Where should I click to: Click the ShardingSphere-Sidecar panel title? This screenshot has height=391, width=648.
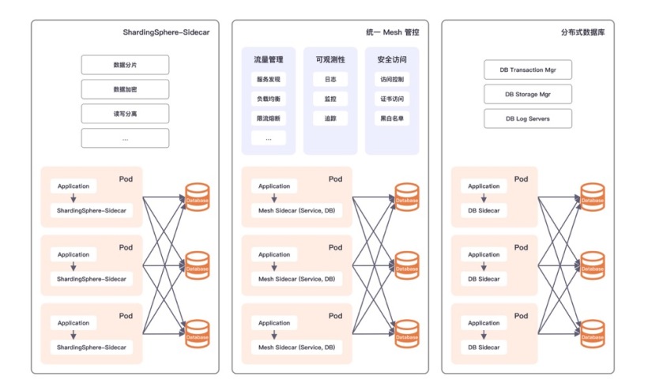[166, 32]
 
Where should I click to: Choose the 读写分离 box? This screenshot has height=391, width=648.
[125, 114]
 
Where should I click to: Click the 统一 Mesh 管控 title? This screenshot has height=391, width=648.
[393, 32]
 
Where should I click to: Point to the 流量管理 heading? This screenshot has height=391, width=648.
[269, 59]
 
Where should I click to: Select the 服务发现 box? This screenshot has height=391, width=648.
[269, 80]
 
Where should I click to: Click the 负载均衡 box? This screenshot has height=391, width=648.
[269, 100]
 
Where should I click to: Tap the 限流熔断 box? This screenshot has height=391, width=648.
[269, 118]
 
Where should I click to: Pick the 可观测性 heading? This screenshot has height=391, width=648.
[330, 59]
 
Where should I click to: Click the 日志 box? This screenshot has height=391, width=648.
[330, 80]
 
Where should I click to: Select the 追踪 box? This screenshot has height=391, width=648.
[330, 118]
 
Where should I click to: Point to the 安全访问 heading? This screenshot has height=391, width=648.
[391, 59]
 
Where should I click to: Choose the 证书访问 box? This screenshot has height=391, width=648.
[391, 100]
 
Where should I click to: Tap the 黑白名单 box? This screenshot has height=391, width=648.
[391, 118]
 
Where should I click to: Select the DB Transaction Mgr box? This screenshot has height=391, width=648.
[527, 70]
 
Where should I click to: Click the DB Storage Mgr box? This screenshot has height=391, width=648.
[527, 94]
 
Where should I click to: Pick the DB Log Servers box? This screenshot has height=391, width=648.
[527, 118]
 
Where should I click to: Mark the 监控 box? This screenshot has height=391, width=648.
[330, 100]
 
